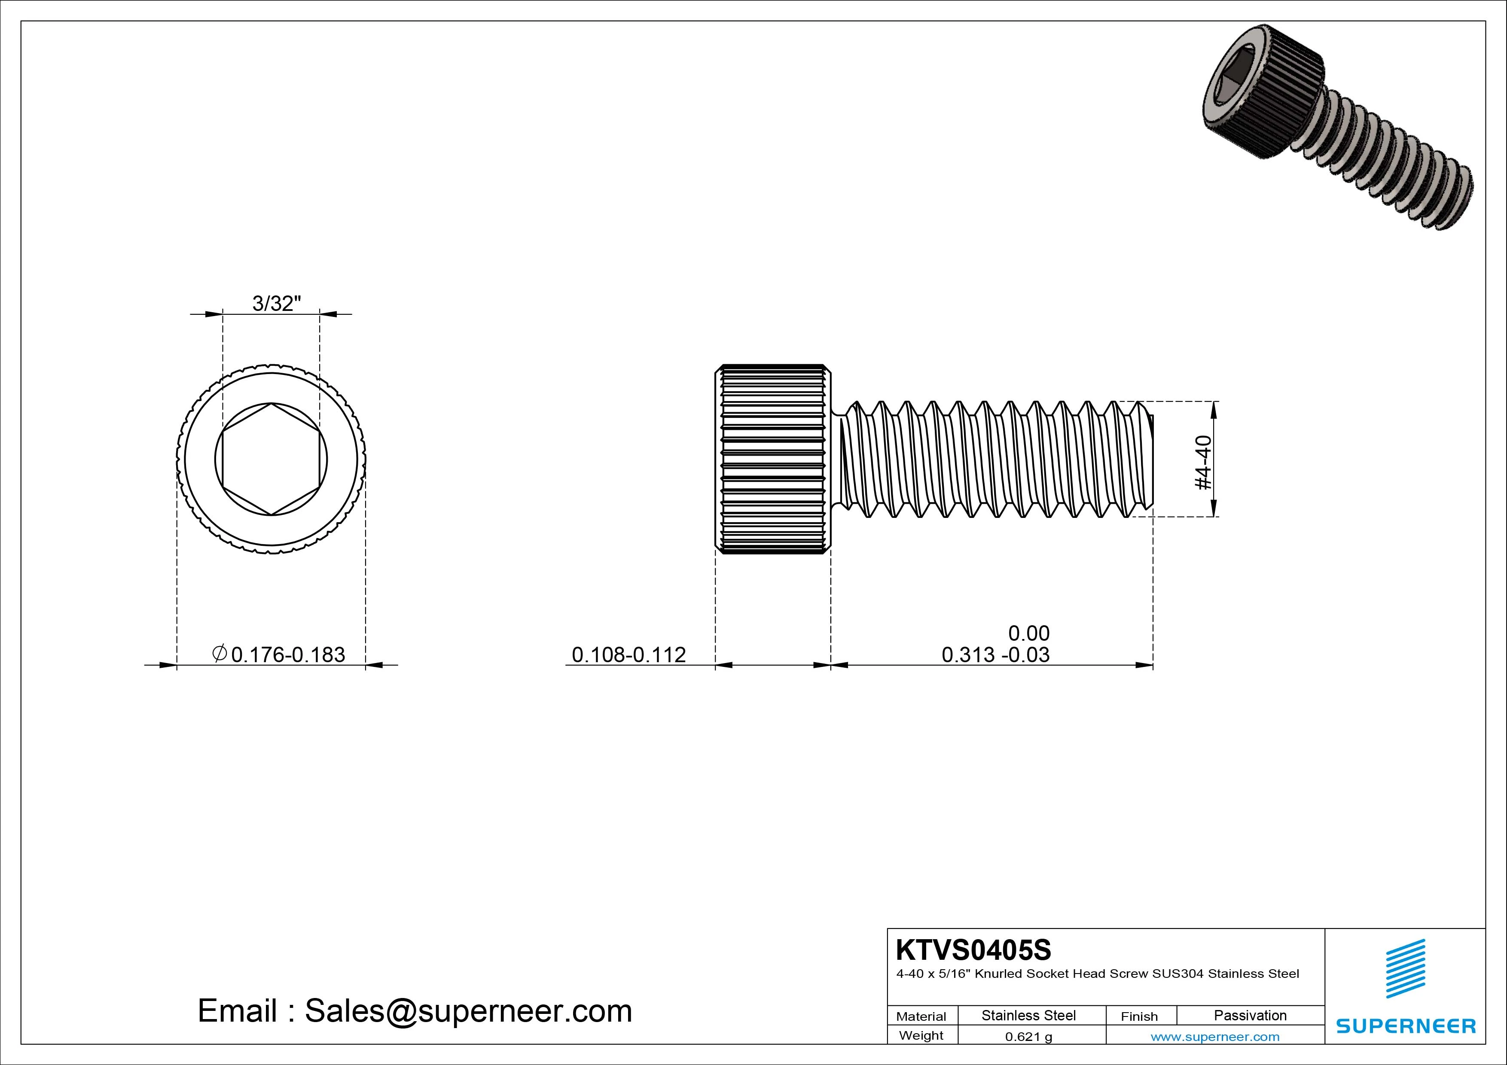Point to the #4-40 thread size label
click(1204, 462)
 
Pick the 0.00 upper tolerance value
click(1028, 633)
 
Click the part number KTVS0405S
click(973, 949)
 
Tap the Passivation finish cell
click(1250, 1015)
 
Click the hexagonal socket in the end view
click(271, 459)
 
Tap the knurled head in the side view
click(772, 459)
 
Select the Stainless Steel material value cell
click(1028, 1015)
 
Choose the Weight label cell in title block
click(921, 1035)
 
